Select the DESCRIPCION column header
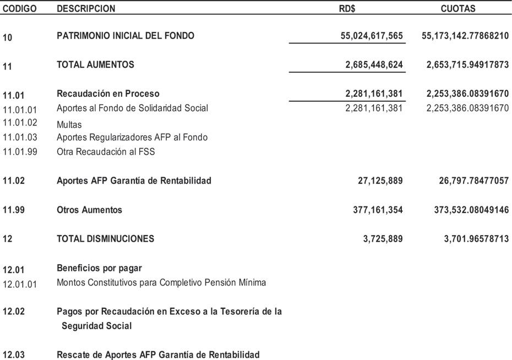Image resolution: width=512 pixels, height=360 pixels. click(x=86, y=9)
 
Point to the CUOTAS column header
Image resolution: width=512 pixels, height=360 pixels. click(x=458, y=9)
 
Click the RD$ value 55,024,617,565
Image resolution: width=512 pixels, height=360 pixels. click(x=372, y=36)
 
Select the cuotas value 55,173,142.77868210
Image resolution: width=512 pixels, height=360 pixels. click(x=465, y=36)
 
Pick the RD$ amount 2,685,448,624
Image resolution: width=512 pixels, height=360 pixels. click(x=374, y=65)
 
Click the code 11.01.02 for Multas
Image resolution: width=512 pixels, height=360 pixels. click(x=20, y=122)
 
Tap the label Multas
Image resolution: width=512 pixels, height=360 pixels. click(x=69, y=125)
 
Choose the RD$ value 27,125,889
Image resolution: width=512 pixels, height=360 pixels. click(x=380, y=181)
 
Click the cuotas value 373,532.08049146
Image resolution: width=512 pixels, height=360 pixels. click(x=467, y=210)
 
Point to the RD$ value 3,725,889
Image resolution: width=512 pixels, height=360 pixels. click(x=383, y=239)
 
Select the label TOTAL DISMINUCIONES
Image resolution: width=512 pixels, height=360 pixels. click(x=105, y=239)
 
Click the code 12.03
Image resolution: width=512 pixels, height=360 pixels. click(x=14, y=355)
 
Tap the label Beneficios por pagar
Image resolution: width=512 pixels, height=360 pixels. click(x=99, y=268)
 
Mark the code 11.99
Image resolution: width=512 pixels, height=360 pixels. click(x=14, y=210)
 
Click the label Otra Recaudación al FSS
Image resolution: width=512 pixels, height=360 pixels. click(x=106, y=152)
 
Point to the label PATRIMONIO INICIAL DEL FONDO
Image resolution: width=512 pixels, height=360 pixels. click(x=126, y=36)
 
